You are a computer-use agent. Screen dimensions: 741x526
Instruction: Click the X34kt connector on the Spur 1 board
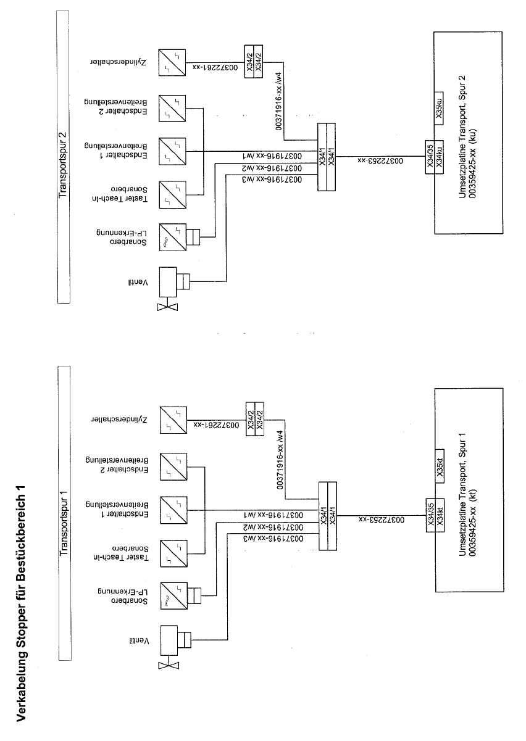point(440,511)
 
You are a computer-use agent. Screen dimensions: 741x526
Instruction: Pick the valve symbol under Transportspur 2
point(173,284)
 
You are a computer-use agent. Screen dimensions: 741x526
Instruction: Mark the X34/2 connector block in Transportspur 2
point(254,60)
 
